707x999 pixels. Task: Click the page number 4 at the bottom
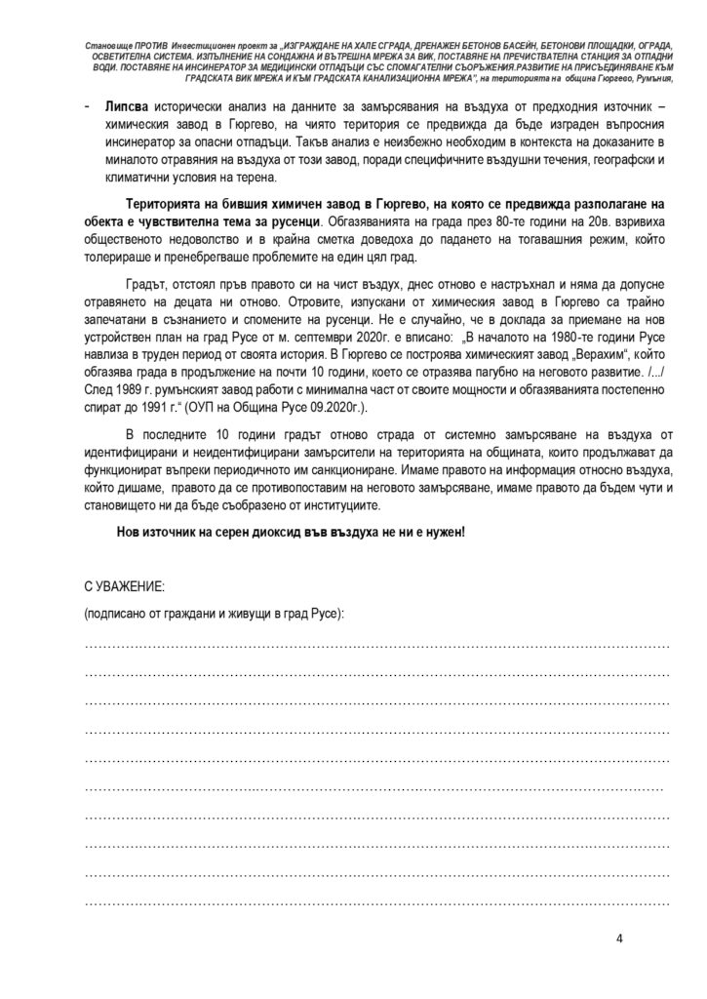pos(619,939)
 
